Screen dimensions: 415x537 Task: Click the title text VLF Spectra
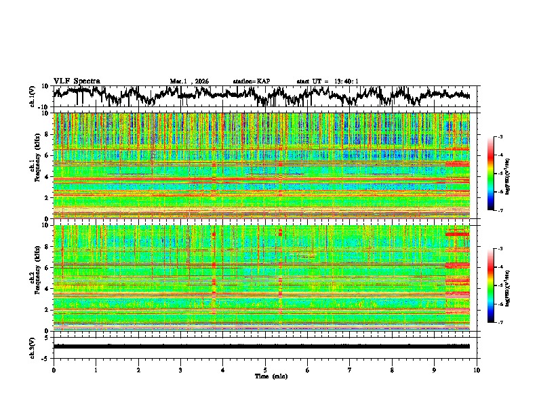[x=77, y=81]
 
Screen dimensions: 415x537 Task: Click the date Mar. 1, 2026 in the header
[x=189, y=81]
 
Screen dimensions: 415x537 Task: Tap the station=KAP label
[x=252, y=81]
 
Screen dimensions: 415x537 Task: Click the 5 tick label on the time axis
[x=265, y=370]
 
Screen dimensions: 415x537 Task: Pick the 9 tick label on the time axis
[x=435, y=370]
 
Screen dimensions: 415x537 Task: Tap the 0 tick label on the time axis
[x=54, y=370]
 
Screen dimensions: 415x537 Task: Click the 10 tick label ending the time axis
[x=477, y=370]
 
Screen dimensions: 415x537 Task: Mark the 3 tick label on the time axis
[x=180, y=370]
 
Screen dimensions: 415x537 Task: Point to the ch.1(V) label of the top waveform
[x=33, y=97]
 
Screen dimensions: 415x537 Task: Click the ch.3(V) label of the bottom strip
[x=33, y=346]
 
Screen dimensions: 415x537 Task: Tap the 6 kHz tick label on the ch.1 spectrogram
[x=46, y=156]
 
